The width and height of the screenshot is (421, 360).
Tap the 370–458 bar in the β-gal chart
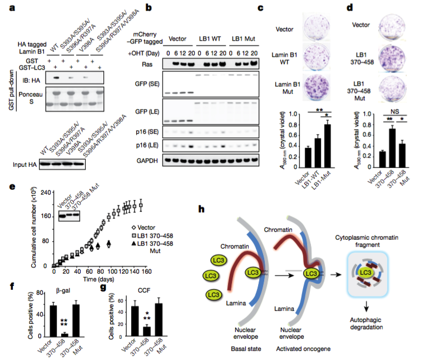pos(65,334)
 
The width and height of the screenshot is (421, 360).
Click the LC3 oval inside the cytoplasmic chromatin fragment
pos(365,270)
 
